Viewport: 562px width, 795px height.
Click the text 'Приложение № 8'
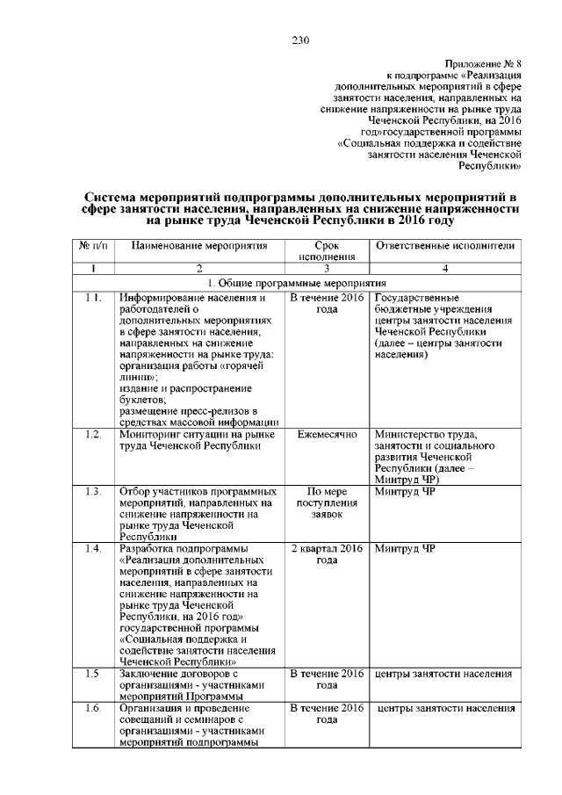click(483, 65)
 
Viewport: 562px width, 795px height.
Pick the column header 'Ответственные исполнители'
click(444, 246)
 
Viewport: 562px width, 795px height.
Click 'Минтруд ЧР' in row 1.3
click(405, 490)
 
